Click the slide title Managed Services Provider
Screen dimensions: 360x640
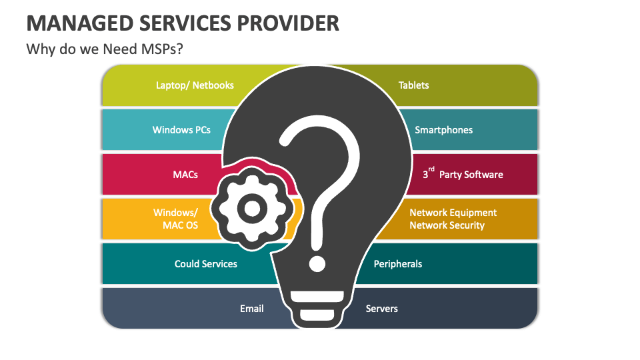pyautogui.click(x=183, y=23)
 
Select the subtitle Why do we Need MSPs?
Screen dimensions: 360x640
pyautogui.click(x=104, y=50)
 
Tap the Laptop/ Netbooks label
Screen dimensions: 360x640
pyautogui.click(x=195, y=85)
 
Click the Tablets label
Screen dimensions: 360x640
pyautogui.click(x=413, y=85)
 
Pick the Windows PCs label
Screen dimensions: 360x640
pyautogui.click(x=181, y=130)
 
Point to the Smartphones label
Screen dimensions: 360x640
pyautogui.click(x=443, y=130)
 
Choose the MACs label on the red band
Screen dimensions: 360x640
pyautogui.click(x=185, y=175)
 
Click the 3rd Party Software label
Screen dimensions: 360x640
pyautogui.click(x=463, y=175)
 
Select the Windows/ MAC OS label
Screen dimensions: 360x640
pyautogui.click(x=178, y=219)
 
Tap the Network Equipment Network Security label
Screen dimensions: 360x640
pyautogui.click(x=453, y=219)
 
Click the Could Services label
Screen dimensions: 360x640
pyautogui.click(x=206, y=264)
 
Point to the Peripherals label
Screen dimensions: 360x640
pyautogui.click(x=398, y=264)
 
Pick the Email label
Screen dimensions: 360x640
pyautogui.click(x=252, y=309)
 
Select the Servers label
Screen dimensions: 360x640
pyautogui.click(x=382, y=309)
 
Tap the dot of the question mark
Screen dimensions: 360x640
pyautogui.click(x=317, y=262)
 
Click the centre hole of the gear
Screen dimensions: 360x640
pyautogui.click(x=251, y=210)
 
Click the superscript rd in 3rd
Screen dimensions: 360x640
pyautogui.click(x=431, y=170)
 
